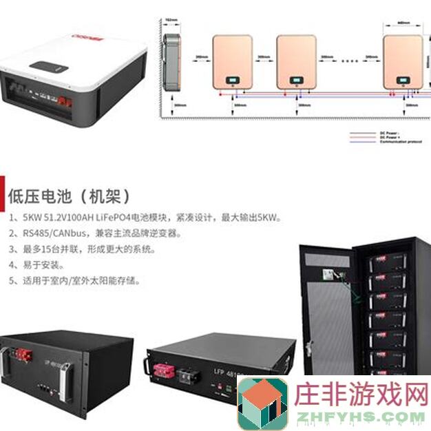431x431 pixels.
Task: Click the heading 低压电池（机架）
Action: click(x=69, y=195)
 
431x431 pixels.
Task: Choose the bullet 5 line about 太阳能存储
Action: click(x=76, y=281)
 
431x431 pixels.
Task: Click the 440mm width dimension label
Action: click(x=403, y=22)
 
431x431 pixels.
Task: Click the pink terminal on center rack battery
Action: click(x=163, y=372)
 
